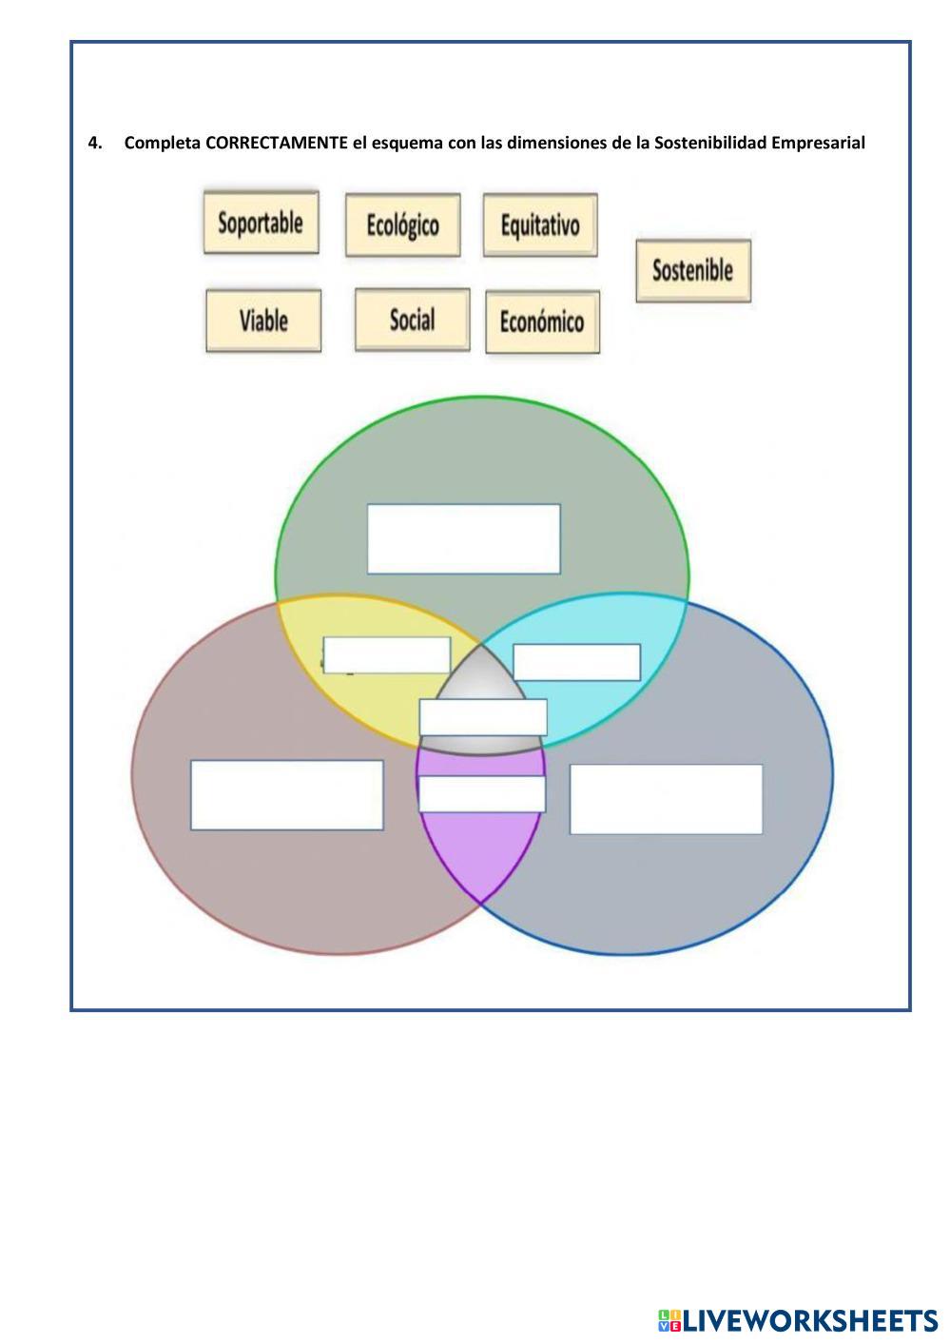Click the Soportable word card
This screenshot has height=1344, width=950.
(261, 223)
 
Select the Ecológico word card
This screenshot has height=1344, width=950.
(402, 225)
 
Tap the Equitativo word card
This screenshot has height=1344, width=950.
(540, 225)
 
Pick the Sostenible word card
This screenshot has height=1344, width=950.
(693, 270)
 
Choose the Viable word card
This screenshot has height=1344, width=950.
(263, 321)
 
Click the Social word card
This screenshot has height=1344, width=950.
(412, 320)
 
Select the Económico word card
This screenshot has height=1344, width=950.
(542, 321)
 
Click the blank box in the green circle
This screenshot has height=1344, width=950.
(463, 539)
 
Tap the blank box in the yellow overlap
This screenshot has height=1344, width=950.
(386, 655)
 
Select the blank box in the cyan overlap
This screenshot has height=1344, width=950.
(576, 662)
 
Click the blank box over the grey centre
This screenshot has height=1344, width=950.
(483, 717)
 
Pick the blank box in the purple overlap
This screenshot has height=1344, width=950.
(482, 793)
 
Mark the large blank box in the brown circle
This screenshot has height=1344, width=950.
(286, 795)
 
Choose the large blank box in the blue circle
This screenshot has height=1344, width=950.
(666, 799)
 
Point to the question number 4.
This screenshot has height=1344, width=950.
(94, 144)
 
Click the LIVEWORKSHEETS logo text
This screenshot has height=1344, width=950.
(808, 1320)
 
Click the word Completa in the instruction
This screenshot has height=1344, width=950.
(162, 144)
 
